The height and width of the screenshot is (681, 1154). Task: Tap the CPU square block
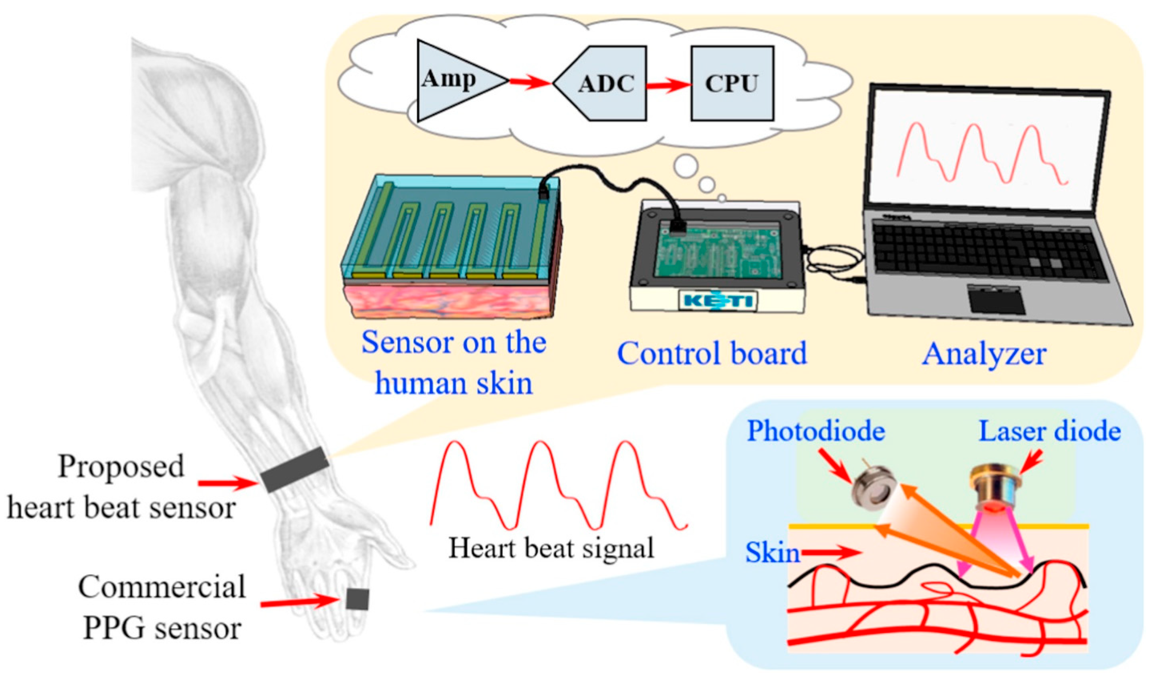732,84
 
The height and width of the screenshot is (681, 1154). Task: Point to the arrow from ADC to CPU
668,85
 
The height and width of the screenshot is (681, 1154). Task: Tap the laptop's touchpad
997,300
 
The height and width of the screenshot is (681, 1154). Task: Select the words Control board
712,353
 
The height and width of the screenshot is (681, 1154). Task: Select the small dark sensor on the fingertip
357,599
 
